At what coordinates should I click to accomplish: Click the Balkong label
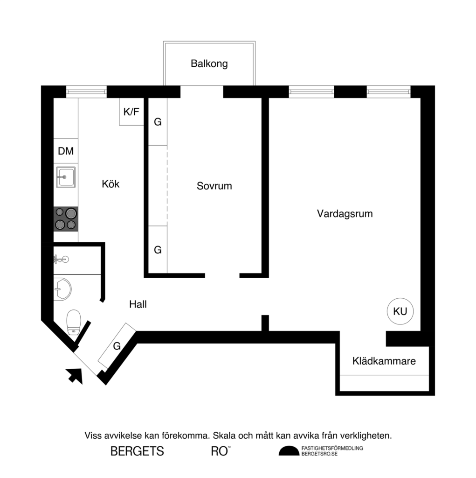pos(209,64)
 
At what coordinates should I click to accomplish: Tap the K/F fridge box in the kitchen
pos(131,112)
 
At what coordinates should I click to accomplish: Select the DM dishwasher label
pos(66,151)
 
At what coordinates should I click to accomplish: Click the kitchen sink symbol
pos(66,177)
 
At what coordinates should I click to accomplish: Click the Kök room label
pos(110,184)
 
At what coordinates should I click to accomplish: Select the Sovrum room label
pos(214,186)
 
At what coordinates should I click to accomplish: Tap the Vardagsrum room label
pos(345,214)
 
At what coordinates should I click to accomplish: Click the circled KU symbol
pos(400,311)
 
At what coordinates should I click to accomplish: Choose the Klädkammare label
pos(384,361)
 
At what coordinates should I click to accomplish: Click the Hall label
pos(138,304)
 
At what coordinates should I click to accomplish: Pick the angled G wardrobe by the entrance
pos(117,346)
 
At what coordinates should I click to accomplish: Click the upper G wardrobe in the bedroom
pos(158,122)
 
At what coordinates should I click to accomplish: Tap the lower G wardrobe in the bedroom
pos(158,250)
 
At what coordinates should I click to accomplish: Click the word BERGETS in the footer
pos(137,451)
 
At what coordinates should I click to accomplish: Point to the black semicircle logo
pos(289,451)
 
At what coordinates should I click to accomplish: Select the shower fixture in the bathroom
pos(62,258)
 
